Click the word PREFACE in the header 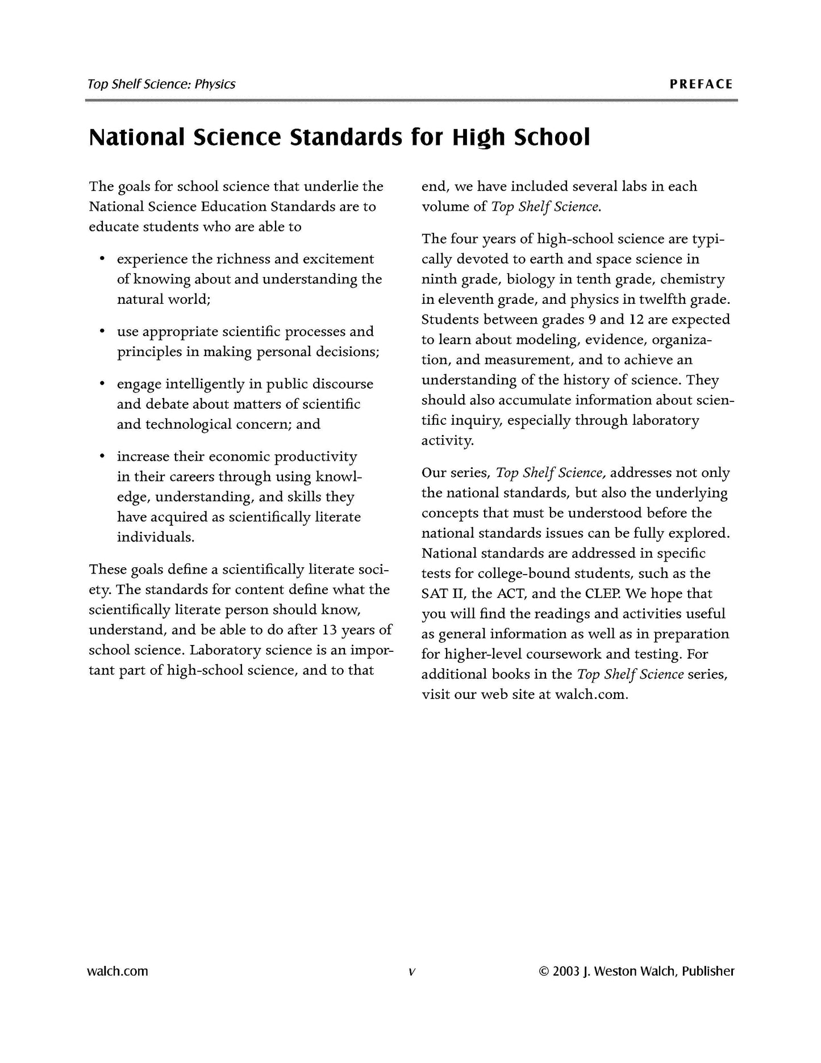coord(701,85)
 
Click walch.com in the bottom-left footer coord(117,971)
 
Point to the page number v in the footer coord(411,972)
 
